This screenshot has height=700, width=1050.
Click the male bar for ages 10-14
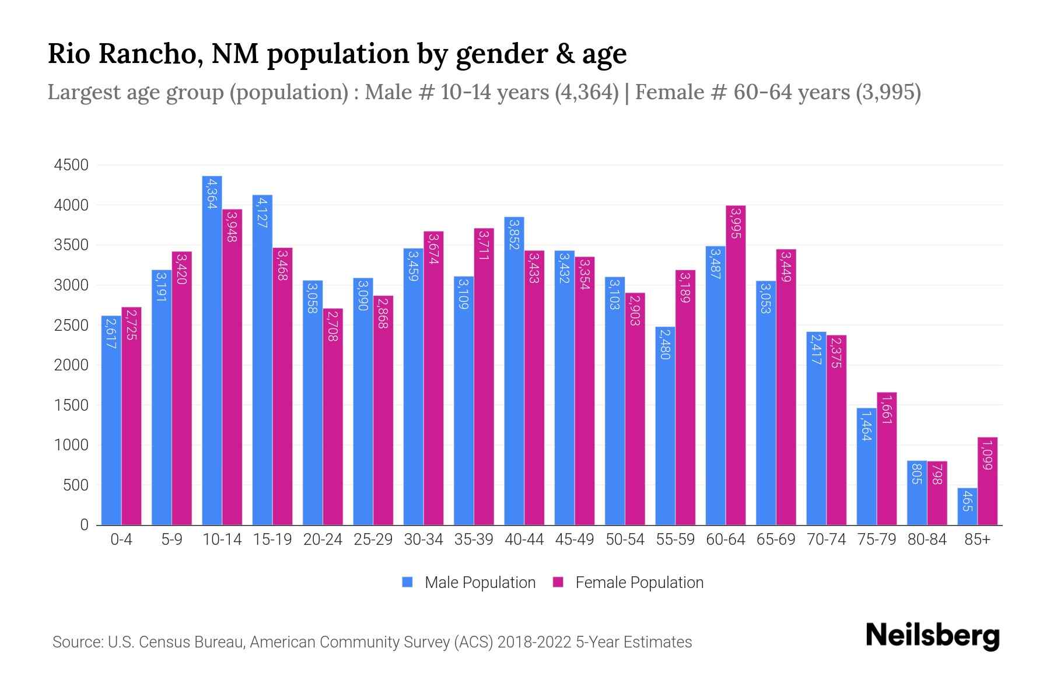point(212,350)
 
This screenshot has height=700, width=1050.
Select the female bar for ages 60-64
point(736,365)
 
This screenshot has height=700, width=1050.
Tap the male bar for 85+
point(967,506)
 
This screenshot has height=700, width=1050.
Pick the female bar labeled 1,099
point(987,481)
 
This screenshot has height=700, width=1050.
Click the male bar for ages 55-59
point(665,426)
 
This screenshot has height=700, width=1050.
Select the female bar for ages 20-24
point(332,417)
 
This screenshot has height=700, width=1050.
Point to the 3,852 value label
point(514,234)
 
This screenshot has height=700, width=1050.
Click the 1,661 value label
point(887,409)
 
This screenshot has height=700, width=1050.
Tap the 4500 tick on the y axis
point(71,166)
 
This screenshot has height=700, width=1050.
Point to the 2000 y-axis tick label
point(71,365)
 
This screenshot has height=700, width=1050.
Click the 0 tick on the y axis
point(84,525)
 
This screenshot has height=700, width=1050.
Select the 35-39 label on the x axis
point(474,540)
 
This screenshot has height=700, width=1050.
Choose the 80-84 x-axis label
point(927,540)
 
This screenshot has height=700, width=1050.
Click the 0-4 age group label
point(121,540)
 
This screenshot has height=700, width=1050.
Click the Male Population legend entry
point(480,583)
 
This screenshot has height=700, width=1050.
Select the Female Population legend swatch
point(558,582)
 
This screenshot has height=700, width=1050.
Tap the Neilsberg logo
point(932,636)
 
